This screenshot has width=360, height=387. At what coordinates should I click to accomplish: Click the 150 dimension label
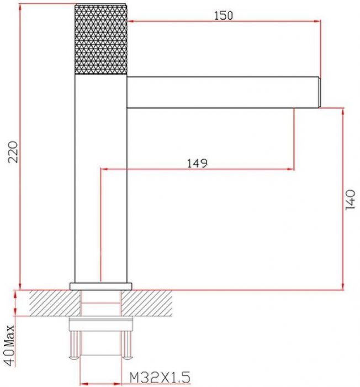pos(224,16)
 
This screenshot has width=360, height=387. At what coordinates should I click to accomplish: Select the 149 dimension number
pos(197,164)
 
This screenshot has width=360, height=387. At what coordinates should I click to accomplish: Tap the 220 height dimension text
pos(13,152)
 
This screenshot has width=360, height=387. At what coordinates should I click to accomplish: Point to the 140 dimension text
pos(350,200)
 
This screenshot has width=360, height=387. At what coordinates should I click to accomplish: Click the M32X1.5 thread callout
pos(160,378)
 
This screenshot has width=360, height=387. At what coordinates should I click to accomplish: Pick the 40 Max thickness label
pos(9,346)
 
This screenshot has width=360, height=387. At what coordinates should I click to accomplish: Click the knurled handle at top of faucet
pos(101,39)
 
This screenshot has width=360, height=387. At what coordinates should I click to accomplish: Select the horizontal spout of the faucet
pos(223,92)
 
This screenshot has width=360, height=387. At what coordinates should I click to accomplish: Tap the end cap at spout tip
pos(319,92)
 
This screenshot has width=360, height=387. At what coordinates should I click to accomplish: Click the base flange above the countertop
pos(101,286)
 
